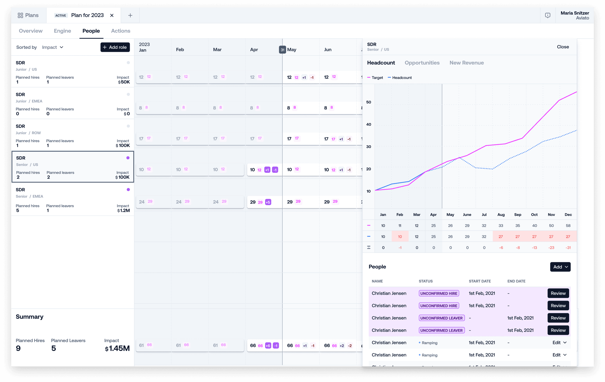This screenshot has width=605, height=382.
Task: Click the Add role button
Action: coord(115,47)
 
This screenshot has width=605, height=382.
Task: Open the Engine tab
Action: coord(62,31)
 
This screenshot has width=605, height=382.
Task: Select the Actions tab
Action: coord(121,31)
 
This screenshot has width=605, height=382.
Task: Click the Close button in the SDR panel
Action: coord(563,47)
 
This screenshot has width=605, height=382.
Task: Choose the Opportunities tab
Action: coord(422,63)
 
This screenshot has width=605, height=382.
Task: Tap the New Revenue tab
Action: coord(467,63)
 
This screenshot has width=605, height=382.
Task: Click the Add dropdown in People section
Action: coord(560,267)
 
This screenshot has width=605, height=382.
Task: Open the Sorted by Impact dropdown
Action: coord(53,47)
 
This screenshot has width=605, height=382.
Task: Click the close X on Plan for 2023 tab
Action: coord(112,15)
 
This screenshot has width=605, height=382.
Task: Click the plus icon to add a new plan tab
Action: coord(130,15)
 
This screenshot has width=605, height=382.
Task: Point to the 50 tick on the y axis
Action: coord(368,102)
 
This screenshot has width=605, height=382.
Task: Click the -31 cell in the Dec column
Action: coord(568,247)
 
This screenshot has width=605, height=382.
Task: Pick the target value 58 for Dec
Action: coord(568,226)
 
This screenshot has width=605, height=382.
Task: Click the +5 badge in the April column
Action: coord(268,202)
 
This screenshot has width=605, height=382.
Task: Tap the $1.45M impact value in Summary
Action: coord(117,348)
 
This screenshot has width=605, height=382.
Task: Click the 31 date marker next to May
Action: coord(282,50)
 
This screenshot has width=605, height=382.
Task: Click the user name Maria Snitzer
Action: coord(575,13)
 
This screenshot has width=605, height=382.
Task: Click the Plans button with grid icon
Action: coord(28,15)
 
